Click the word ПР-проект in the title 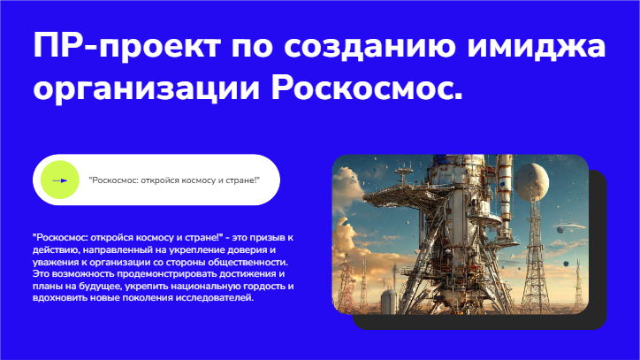[127, 46]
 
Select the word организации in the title [146, 90]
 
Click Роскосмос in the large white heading [367, 87]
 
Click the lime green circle [60, 180]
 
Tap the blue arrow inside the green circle [60, 180]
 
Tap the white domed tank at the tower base [390, 302]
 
